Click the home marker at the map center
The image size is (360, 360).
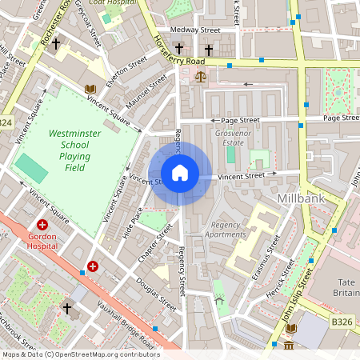(180, 173)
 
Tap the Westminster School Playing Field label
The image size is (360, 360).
(74, 150)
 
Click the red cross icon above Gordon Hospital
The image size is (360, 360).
(42, 226)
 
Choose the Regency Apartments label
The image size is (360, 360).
(226, 230)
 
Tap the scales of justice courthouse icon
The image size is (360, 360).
(200, 78)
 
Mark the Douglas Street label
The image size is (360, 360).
(156, 294)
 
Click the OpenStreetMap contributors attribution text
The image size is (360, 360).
(80, 354)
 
